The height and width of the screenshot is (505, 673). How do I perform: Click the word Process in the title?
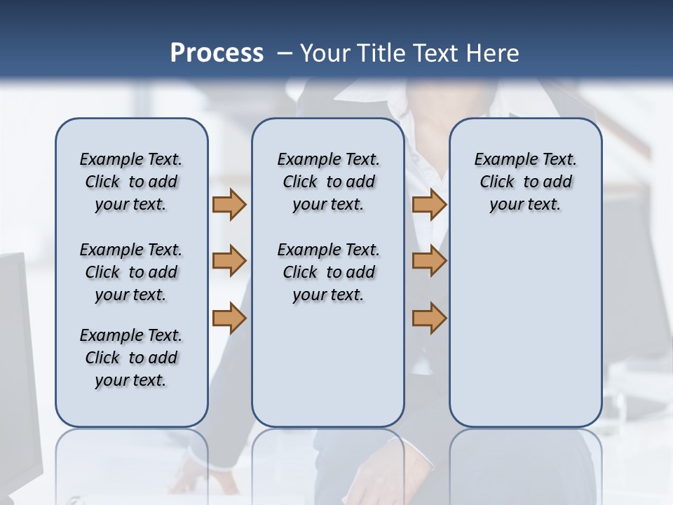(x=217, y=53)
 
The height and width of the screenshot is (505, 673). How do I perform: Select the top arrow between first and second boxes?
(x=229, y=204)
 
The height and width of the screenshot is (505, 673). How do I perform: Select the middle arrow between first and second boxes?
(x=229, y=261)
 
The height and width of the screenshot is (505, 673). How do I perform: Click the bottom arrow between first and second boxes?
(x=229, y=318)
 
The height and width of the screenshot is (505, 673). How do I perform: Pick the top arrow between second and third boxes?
(x=429, y=204)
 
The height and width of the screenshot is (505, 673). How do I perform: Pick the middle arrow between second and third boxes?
(x=429, y=261)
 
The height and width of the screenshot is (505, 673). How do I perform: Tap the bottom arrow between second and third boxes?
(x=429, y=318)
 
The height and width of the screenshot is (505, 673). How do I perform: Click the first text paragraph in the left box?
(x=131, y=182)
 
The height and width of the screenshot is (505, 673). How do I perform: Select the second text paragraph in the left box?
(x=131, y=272)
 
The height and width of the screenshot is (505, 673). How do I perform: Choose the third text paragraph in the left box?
(x=131, y=358)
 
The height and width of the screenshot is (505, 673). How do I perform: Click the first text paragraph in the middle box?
(x=328, y=182)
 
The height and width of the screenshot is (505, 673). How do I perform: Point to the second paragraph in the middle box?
(x=328, y=272)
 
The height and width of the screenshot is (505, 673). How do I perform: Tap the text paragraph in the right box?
(x=525, y=182)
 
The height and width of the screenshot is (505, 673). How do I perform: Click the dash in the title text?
(x=285, y=53)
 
